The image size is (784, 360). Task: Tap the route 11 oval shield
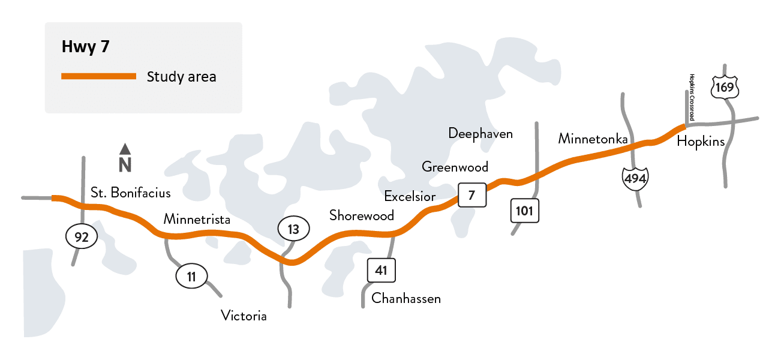[x=191, y=277]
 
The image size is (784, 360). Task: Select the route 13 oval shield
[x=293, y=229]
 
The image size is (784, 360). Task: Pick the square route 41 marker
[x=381, y=271]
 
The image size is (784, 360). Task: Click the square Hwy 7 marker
[x=471, y=194]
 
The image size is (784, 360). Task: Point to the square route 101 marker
[x=525, y=211]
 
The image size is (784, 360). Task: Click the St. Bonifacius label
[x=131, y=193]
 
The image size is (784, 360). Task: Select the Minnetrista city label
[x=197, y=220]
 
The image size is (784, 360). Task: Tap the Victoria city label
[x=244, y=316]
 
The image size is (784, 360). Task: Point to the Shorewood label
[x=362, y=215]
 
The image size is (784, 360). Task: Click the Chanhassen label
[x=406, y=298]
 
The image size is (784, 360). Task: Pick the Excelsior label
[x=410, y=196]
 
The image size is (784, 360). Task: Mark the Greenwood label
[x=455, y=167]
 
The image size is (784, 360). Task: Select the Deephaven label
[x=480, y=133]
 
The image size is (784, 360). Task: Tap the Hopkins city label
[x=701, y=142]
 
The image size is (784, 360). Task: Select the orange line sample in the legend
[x=99, y=76]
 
